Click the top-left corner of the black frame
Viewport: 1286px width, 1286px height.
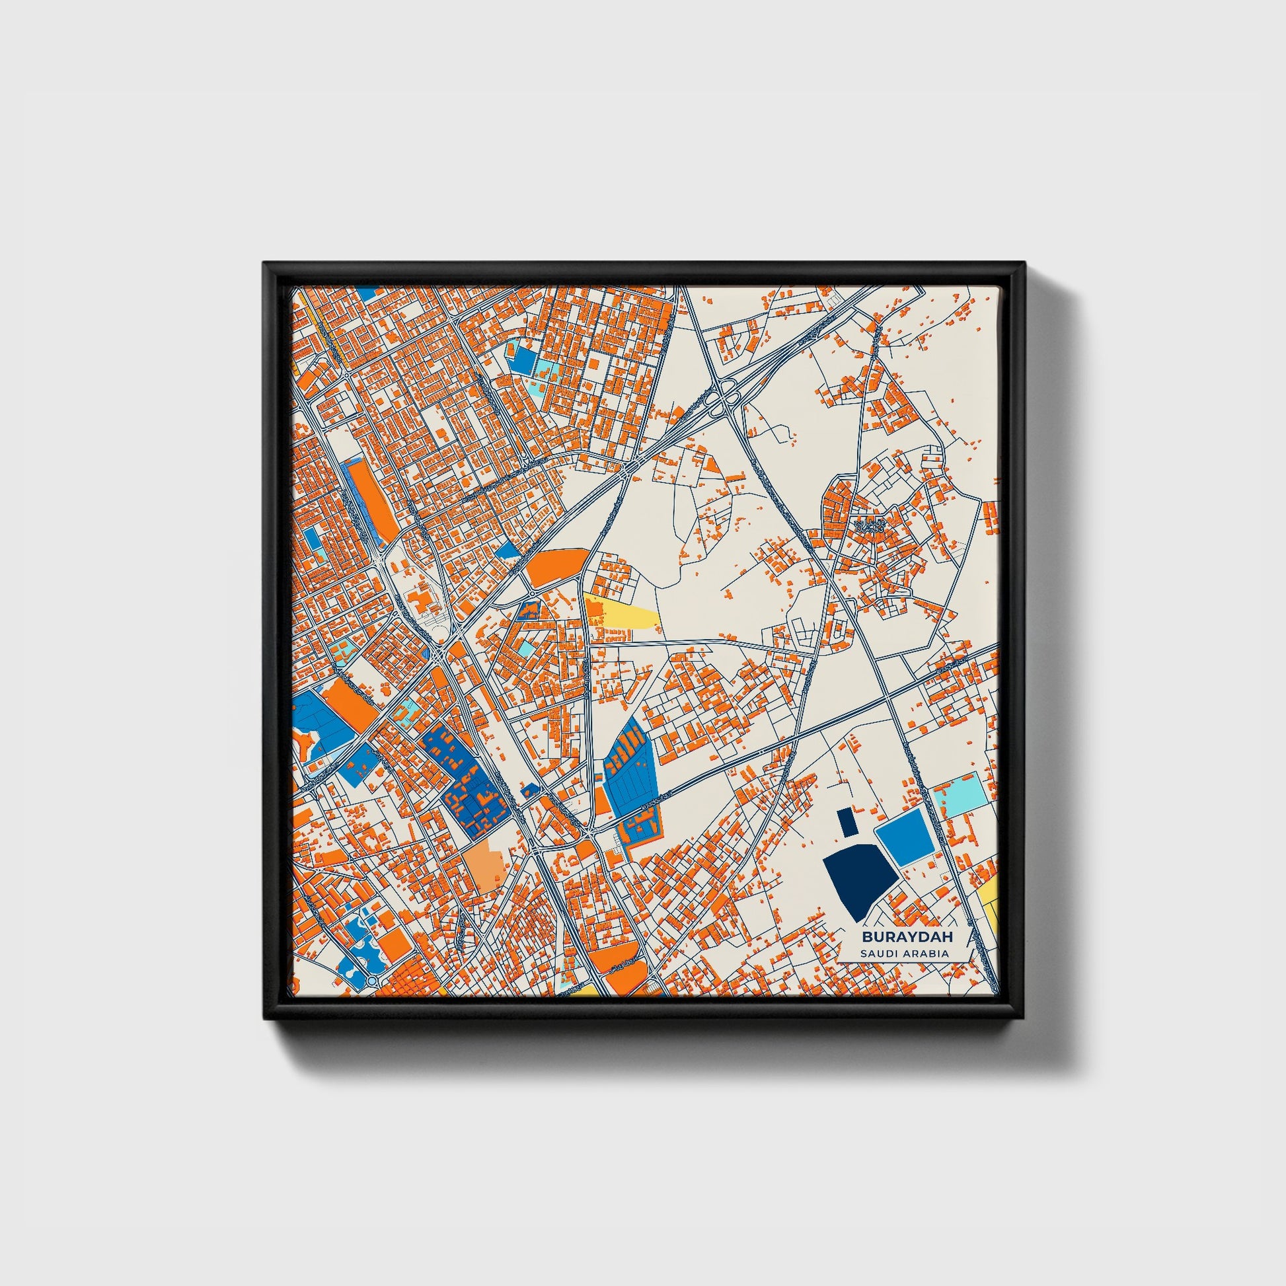click(x=264, y=263)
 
